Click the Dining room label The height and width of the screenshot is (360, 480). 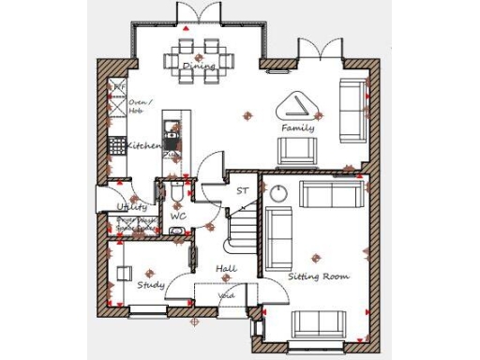pos(198,66)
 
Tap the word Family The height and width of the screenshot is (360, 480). pos(298,127)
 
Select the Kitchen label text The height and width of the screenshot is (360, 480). pos(143,146)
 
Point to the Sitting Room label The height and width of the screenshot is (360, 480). pos(318,277)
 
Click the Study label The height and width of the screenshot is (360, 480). pos(151,284)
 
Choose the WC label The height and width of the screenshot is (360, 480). pos(178,217)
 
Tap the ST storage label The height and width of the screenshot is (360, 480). pos(242,191)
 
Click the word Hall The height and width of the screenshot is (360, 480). pos(226,269)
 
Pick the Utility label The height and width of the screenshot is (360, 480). pos(131,207)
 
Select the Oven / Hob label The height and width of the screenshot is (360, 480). pos(141,106)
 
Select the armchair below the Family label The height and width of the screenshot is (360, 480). pos(296,150)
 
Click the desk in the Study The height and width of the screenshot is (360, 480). pos(124,274)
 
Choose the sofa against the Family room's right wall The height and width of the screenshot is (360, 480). pos(353,110)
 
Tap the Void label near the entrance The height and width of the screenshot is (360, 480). pos(227,295)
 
